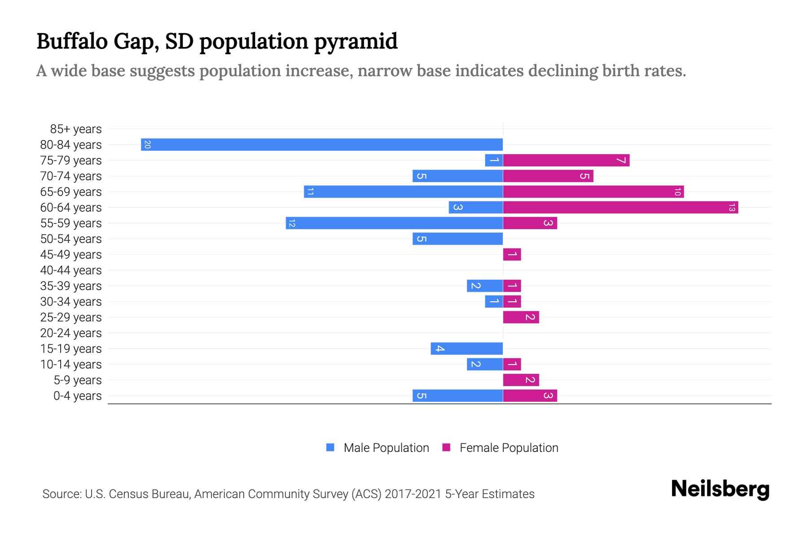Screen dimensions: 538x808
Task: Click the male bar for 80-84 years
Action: (321, 144)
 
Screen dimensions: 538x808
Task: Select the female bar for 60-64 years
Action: (620, 207)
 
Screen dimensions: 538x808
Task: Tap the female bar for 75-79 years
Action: (566, 160)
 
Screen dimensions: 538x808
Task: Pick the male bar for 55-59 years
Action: (394, 223)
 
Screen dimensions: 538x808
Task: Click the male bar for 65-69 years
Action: (403, 191)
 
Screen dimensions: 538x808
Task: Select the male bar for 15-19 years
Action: (466, 348)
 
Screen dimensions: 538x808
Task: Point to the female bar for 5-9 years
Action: (521, 380)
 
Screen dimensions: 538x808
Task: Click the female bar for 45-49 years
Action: (512, 254)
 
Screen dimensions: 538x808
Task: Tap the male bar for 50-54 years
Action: (457, 239)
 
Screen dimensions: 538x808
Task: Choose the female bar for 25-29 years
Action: (521, 317)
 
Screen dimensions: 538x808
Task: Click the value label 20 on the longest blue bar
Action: (147, 144)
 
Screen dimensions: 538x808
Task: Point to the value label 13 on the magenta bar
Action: (732, 208)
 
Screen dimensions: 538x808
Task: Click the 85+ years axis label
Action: (76, 129)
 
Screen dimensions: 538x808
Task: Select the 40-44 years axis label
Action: (71, 270)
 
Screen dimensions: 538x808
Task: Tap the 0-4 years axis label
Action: (77, 396)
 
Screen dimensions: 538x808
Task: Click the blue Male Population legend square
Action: (330, 447)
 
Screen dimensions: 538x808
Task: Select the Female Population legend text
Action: (509, 448)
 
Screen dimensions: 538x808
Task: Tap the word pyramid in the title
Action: (356, 41)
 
